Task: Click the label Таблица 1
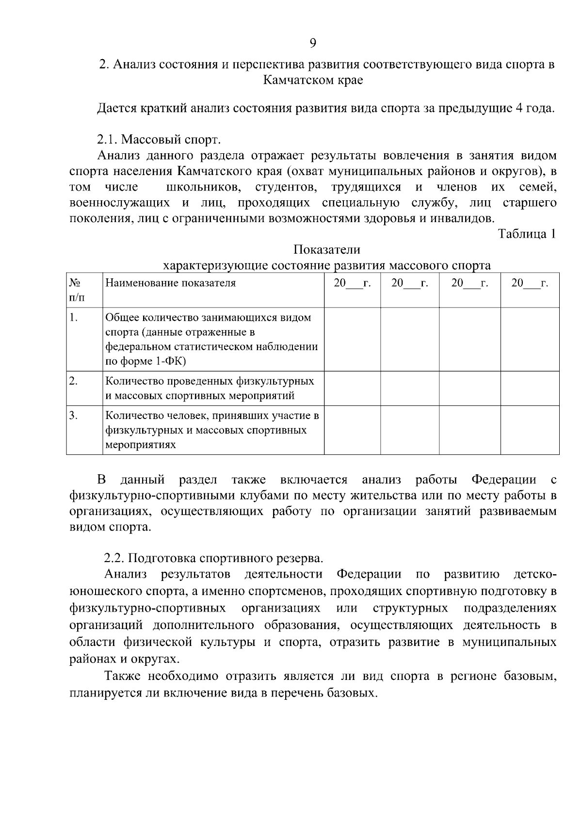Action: [527, 234]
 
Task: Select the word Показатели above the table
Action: [327, 250]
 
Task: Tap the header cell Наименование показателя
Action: [171, 283]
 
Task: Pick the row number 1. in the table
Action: [74, 318]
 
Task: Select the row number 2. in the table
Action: [74, 381]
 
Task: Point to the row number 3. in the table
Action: [74, 416]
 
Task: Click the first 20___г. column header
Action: [352, 283]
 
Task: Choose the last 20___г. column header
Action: [530, 283]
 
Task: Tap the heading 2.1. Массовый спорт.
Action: [159, 140]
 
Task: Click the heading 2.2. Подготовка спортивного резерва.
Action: [213, 558]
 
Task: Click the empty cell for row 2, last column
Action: [530, 388]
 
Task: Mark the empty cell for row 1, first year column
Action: [352, 339]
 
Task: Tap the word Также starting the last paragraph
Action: [123, 676]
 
